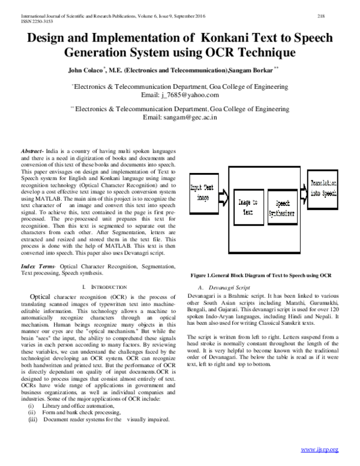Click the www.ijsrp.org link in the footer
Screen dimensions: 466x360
tap(320, 449)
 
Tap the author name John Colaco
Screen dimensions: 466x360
tap(89, 71)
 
